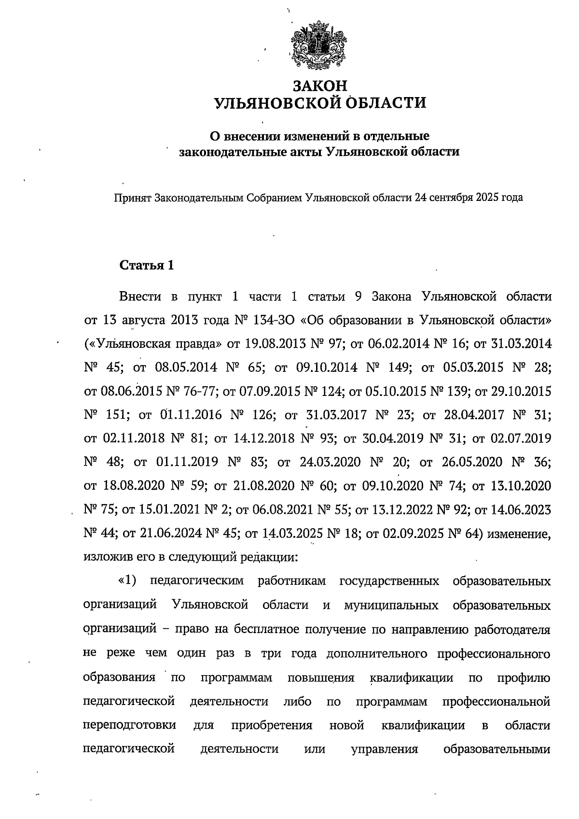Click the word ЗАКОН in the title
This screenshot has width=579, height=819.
coord(321,86)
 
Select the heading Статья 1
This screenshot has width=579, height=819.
coord(146,266)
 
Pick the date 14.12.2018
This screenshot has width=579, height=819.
coord(262,438)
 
